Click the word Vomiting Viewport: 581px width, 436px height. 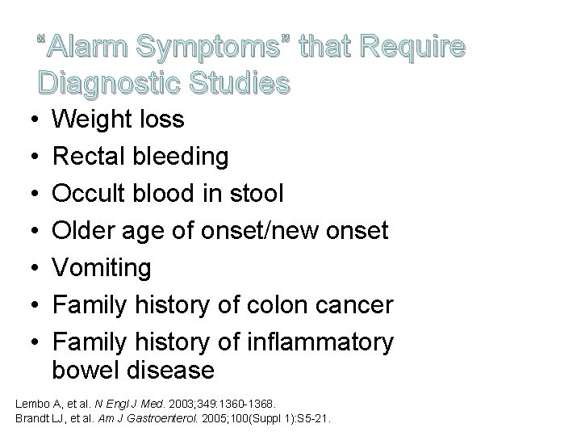[101, 268]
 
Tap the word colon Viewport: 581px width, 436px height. [276, 305]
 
